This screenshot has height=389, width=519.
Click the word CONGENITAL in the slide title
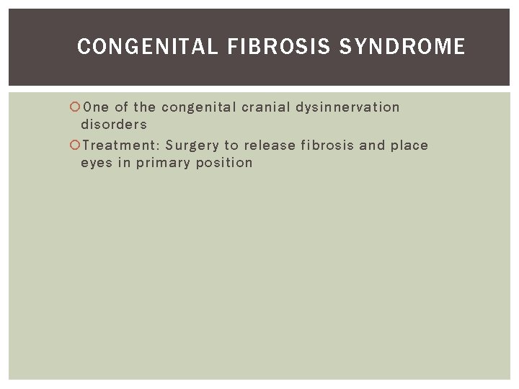coord(147,48)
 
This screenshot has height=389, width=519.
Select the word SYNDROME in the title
coord(402,48)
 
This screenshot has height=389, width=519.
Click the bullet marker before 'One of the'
coord(74,107)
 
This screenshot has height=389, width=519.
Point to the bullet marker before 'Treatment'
coord(74,146)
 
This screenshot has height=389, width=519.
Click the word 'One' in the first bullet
coord(96,107)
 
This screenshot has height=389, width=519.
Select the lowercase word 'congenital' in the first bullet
coord(198,108)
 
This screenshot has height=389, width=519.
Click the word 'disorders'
coord(114,125)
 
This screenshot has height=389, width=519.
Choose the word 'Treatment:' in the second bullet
coord(120,146)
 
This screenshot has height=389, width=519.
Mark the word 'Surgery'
coord(192,146)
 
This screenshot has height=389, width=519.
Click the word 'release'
coord(270,146)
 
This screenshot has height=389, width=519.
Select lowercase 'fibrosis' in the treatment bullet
coord(327,146)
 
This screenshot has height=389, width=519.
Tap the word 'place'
coord(409,146)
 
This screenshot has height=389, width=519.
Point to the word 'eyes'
coord(96,164)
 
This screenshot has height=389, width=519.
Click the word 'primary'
coord(162,164)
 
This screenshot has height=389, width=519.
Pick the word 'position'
coord(224,163)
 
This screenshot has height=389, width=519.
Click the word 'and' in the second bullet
coord(373,146)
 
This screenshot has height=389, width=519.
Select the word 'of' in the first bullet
coord(121,107)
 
